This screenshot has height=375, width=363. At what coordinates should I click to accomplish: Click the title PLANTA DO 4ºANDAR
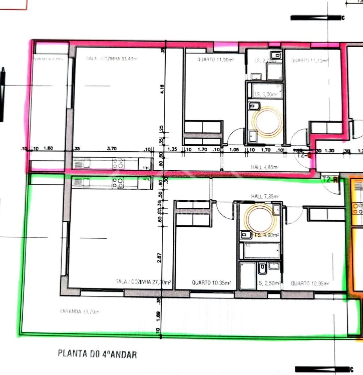coord(97,354)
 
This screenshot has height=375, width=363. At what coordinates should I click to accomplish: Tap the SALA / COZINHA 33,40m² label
coord(112,59)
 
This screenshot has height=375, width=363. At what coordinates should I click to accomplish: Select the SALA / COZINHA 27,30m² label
coord(143,282)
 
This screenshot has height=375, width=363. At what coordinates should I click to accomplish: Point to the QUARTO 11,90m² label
coord(216,60)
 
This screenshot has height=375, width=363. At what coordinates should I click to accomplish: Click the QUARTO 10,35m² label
coord(211,283)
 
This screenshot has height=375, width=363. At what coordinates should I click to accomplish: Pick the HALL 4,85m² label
coord(265,167)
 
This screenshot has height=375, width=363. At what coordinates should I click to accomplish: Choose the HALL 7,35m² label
coord(265,196)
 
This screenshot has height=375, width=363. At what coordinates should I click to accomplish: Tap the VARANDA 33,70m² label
coord(80,312)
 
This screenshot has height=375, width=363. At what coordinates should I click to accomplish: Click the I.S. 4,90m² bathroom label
coord(267,235)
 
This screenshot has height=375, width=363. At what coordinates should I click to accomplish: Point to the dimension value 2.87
coord(159,258)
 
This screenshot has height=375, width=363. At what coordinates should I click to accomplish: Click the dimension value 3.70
coord(112,148)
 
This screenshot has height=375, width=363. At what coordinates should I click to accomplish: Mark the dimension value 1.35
coord(172,149)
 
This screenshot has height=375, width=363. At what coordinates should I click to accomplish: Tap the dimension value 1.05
coord(234,149)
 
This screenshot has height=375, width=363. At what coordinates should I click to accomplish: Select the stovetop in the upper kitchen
coord(119,164)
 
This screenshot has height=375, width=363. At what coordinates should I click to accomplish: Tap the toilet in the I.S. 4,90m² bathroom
coord(246,234)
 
